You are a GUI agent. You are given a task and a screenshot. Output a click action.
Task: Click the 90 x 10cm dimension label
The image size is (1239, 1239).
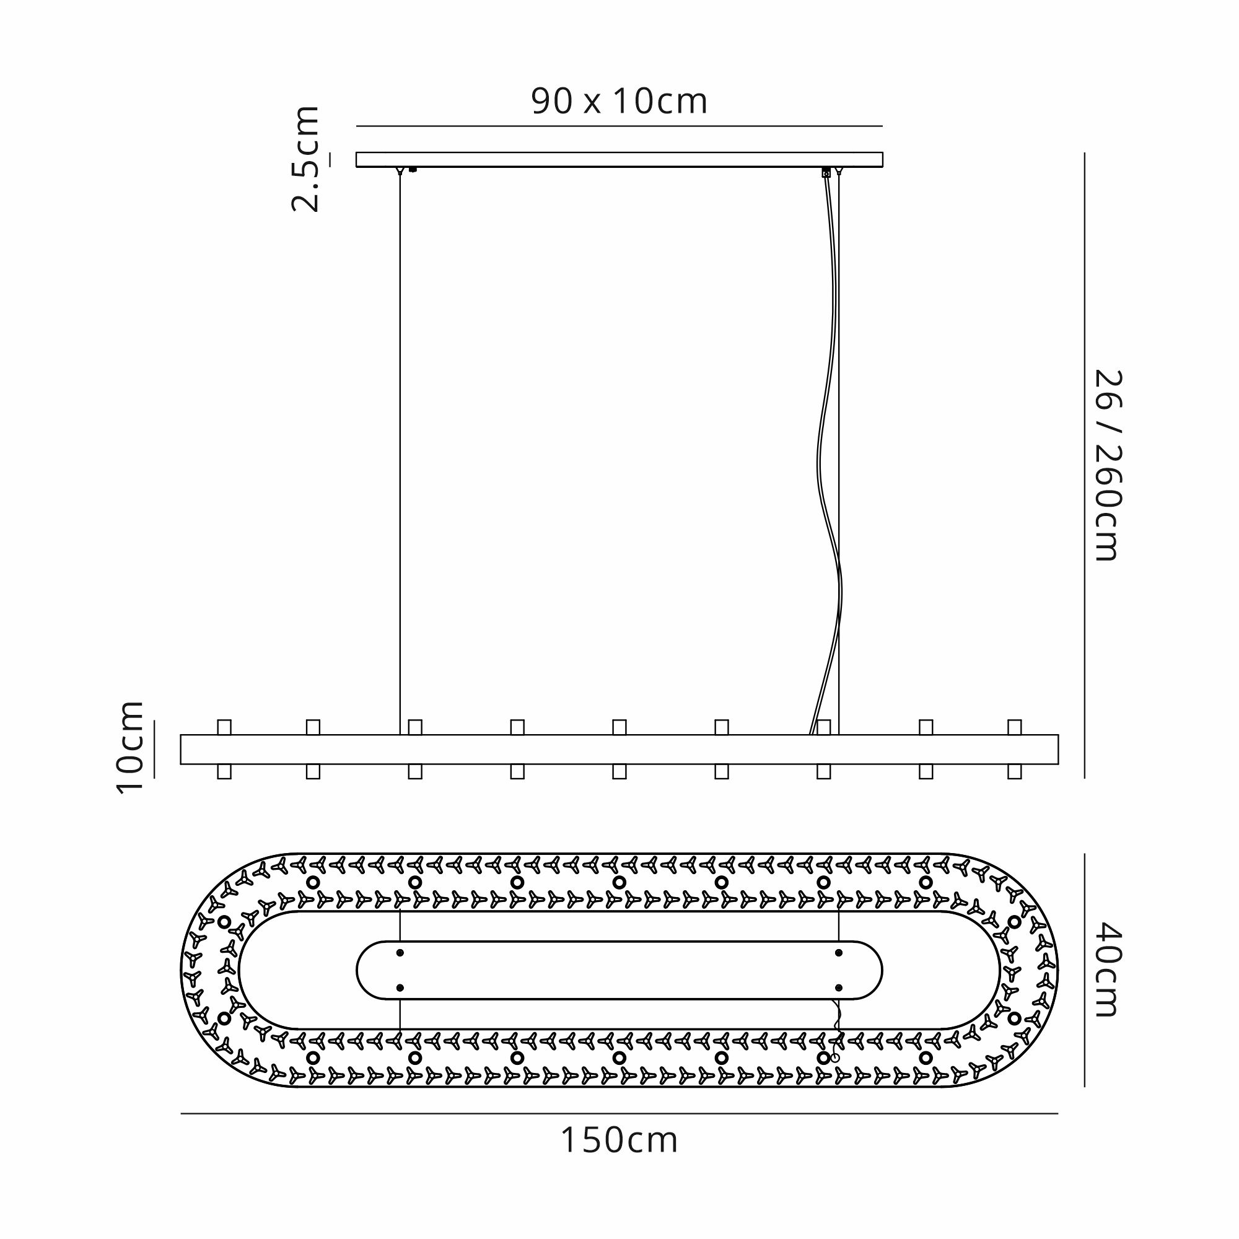coord(619,102)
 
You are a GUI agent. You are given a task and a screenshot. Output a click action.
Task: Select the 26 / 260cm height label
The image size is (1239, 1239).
coord(1108,465)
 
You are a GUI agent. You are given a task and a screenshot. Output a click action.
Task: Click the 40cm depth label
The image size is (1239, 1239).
coord(1108,970)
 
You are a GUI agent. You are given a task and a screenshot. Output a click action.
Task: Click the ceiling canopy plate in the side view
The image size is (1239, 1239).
coord(619,160)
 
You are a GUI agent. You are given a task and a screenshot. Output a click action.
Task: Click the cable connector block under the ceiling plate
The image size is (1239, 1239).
coord(826,172)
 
